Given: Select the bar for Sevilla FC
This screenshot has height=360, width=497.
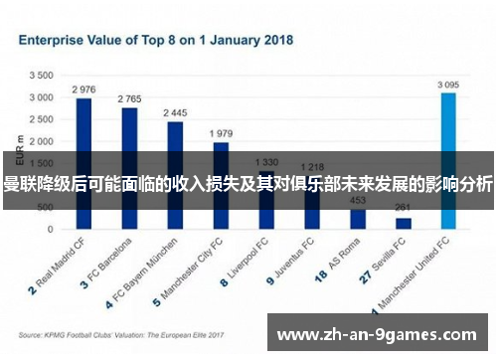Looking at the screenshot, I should click(x=403, y=223).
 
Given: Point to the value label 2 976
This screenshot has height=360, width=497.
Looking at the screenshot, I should click(x=84, y=90).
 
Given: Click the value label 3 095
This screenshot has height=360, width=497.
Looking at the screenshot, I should click(x=448, y=85).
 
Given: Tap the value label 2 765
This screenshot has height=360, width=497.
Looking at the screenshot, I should click(x=129, y=98).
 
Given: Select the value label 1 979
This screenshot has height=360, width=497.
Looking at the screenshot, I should click(x=221, y=133).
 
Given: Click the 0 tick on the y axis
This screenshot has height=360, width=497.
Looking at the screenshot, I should click(x=51, y=229).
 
